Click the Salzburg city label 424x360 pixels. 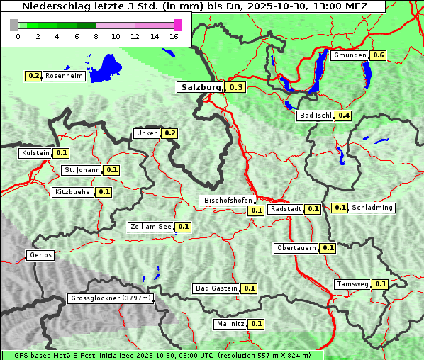[201, 87]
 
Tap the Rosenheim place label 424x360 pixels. [65, 76]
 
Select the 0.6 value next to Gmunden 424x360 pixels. [379, 55]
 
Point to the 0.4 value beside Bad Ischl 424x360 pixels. [344, 116]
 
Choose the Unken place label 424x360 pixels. [147, 133]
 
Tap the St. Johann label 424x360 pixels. [82, 170]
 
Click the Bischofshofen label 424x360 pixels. [228, 201]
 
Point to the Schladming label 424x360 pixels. [372, 208]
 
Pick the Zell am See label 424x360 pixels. [151, 227]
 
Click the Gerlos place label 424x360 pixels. [40, 255]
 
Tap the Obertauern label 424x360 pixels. [296, 248]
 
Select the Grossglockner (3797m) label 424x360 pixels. [111, 298]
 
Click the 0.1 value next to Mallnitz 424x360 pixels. [257, 324]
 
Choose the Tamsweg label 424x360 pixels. [352, 284]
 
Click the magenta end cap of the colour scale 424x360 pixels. [177, 25]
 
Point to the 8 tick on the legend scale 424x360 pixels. [95, 36]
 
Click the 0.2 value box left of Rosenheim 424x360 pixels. [33, 76]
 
